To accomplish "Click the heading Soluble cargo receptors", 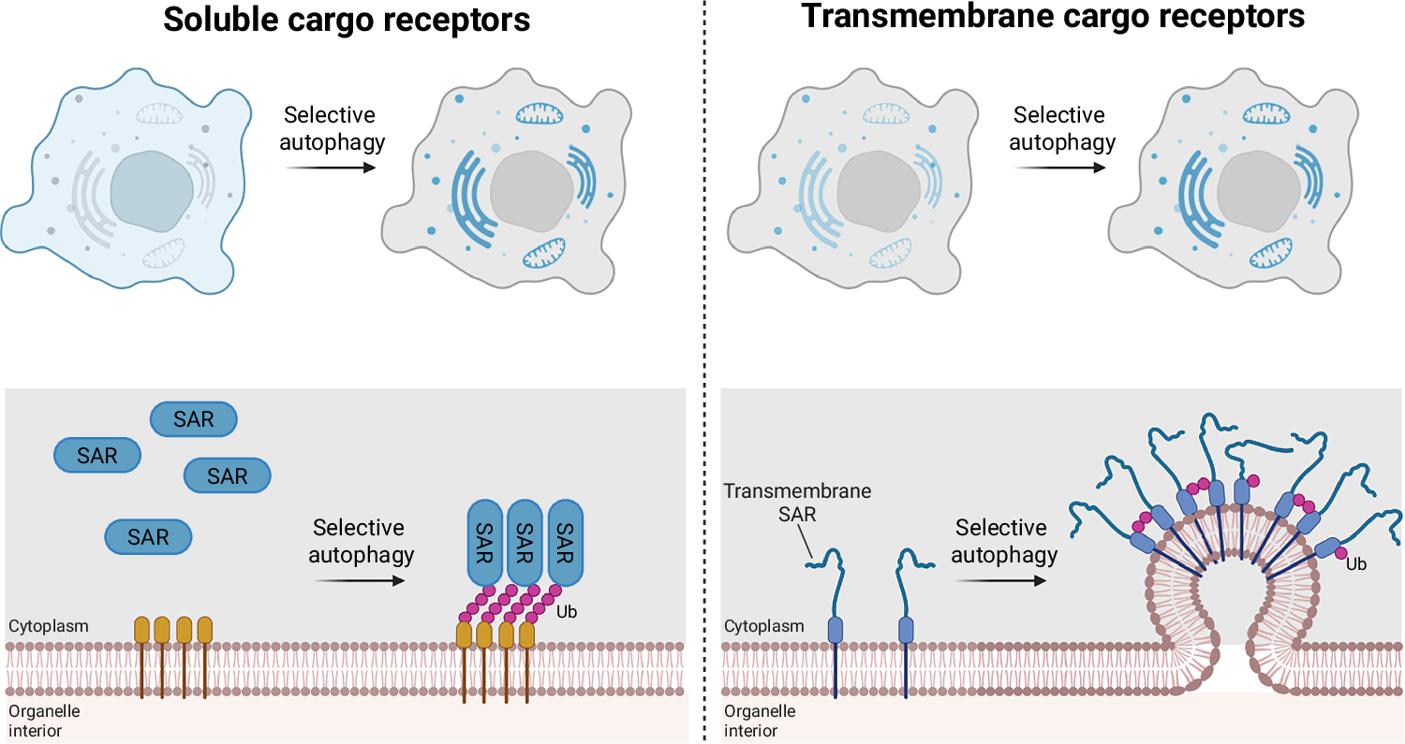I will click(x=347, y=20).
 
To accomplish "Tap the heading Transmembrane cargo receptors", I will click(x=1054, y=16).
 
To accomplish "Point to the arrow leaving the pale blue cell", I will click(x=330, y=168).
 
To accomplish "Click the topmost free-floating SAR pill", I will click(x=194, y=419).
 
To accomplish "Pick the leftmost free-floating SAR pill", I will click(x=97, y=456).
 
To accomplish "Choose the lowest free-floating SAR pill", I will click(x=148, y=536).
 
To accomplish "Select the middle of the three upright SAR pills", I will click(x=525, y=542).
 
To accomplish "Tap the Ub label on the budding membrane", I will click(x=1355, y=564).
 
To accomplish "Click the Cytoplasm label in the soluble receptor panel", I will click(x=49, y=625).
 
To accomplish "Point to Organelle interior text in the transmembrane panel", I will click(x=760, y=720).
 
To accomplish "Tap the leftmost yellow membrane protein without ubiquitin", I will click(x=141, y=630).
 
